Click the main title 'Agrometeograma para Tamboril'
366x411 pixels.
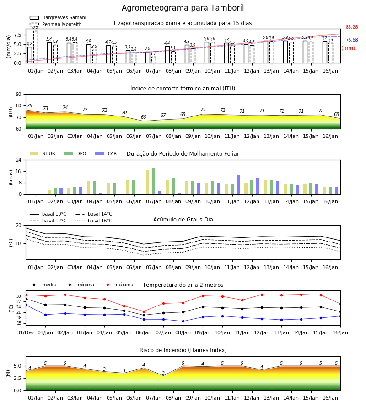coord(183,8)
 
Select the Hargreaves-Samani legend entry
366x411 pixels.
coord(58,17)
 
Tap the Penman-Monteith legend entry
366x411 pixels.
coord(56,24)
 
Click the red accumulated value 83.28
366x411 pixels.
coord(352,27)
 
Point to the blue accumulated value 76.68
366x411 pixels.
coord(352,40)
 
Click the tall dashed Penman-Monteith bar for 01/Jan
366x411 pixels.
coord(35,47)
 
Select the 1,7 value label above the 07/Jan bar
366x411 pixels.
coord(153,53)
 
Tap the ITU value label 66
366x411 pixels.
coord(143,117)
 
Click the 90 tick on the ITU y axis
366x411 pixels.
coord(19,95)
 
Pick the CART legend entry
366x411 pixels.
coord(108,153)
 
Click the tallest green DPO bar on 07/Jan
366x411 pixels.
coord(153,181)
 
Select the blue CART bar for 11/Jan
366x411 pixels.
coord(238,185)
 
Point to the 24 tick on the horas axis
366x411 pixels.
coord(19,160)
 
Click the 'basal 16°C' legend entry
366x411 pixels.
coord(94,221)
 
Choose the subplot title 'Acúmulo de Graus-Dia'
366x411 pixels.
coord(183,220)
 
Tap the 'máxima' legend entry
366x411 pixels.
coord(118,285)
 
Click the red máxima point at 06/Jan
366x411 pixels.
coord(144,311)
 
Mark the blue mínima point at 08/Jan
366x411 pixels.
coord(183,321)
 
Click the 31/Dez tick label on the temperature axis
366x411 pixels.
coord(26,332)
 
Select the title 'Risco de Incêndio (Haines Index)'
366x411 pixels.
coord(183,350)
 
